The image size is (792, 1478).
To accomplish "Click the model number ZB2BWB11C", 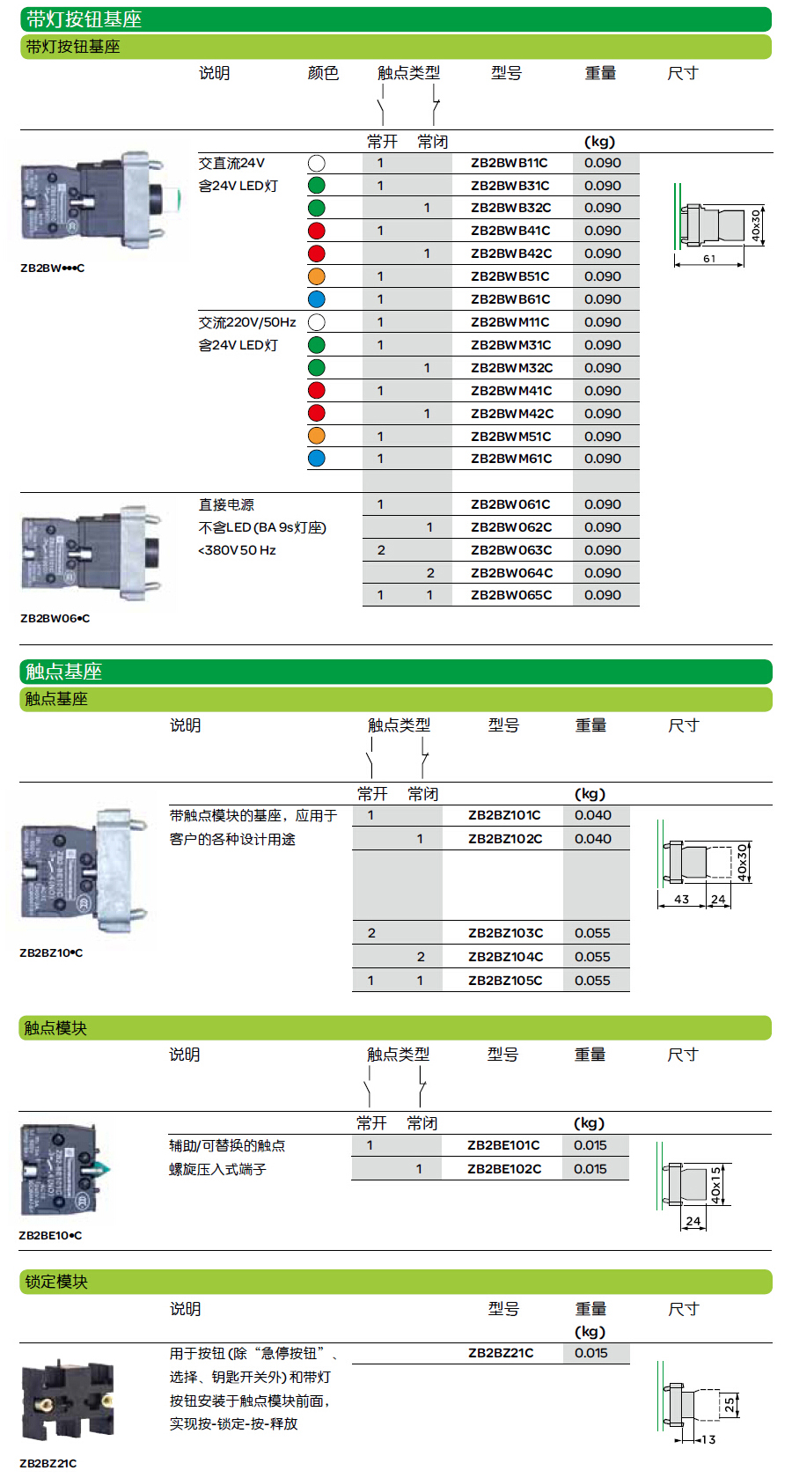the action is click(x=510, y=163).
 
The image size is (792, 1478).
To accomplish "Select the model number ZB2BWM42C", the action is click(x=512, y=414).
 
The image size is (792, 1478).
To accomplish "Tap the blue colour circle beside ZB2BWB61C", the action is click(x=317, y=299).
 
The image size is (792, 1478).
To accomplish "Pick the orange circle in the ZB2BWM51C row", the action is click(x=317, y=436).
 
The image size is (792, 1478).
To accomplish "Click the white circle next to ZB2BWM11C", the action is click(x=317, y=323).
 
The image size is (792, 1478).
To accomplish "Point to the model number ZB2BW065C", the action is click(x=511, y=595).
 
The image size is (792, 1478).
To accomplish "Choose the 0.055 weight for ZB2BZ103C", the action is click(x=592, y=933).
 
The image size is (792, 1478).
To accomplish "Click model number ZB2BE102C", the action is click(x=504, y=1168).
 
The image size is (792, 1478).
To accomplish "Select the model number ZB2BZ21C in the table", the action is click(x=501, y=1353).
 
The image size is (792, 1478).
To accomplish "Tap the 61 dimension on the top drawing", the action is click(x=709, y=259).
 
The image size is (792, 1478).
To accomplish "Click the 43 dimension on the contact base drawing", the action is click(x=681, y=900).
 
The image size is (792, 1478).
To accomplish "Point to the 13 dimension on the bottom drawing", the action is click(x=708, y=1440).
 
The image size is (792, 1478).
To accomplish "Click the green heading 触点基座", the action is click(x=64, y=672).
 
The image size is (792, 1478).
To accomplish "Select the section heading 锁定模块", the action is click(x=56, y=1282).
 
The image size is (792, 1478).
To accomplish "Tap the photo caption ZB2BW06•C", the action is click(x=55, y=618).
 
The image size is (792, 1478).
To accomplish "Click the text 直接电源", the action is click(x=226, y=504).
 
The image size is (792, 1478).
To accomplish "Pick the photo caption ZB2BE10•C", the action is click(x=50, y=1235).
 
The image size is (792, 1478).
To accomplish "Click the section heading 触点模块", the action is click(x=55, y=1028).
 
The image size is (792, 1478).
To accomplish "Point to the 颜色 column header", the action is click(x=323, y=73).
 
